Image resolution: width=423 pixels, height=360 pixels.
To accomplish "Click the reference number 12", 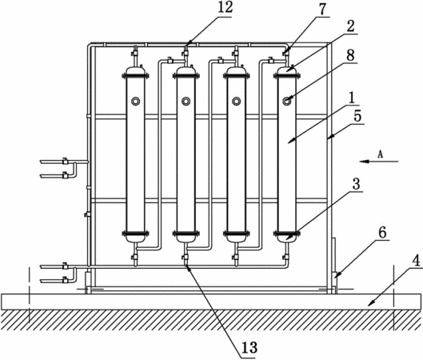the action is [225, 7].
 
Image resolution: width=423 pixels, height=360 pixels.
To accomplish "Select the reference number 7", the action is [322, 9].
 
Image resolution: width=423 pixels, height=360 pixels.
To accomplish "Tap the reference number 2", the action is [350, 26].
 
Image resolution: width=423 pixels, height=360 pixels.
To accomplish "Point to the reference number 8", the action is [350, 55].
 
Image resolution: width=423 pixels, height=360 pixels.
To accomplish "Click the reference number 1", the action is [352, 98].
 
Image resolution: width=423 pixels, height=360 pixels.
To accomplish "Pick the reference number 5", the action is [357, 117].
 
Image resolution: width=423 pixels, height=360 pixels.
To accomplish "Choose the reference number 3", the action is [356, 184].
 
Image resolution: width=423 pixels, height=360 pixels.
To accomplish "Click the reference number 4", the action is [417, 261].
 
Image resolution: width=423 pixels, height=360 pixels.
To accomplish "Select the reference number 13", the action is [249, 347].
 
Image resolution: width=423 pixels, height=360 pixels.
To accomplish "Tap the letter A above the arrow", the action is [381, 154].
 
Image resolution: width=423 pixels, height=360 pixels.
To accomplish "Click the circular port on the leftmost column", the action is [135, 101].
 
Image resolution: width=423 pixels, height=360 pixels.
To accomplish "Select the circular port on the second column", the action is [186, 101].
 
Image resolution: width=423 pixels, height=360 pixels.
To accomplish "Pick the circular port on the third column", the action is [237, 101].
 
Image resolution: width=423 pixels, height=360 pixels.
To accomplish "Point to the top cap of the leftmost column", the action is [135, 71].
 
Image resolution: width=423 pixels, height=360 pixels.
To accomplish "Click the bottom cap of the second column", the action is [186, 238].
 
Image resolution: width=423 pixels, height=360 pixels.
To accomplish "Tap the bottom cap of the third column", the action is [237, 238].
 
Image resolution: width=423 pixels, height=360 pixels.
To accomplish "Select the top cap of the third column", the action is [237, 71].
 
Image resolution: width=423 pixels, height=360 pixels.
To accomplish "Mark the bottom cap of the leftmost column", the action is [135, 238].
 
